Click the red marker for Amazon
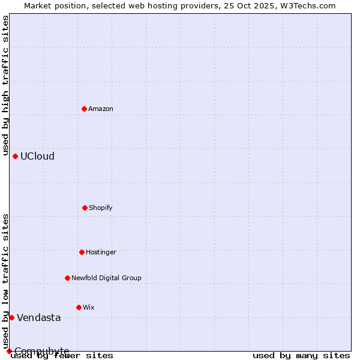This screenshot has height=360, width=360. coord(85,109)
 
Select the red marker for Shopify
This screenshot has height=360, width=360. coord(85,208)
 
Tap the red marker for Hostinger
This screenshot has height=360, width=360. coord(82,252)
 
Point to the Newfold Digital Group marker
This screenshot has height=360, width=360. coord(67,278)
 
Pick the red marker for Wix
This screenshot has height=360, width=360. coord(79,307)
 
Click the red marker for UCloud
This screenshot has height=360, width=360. coord(15,156)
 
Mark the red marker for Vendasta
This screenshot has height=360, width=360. coord(11,317)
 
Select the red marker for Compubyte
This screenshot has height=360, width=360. coord(9,351)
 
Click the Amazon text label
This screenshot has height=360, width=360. coord(101,109)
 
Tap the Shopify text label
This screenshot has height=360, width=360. coord(101,208)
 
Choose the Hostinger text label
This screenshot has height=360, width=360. coord(101,253)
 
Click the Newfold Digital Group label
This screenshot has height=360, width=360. coord(106,278)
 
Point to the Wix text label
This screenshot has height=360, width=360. coord(89,308)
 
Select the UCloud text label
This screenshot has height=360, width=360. coord(37,157)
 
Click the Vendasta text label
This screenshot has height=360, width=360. coord(38,318)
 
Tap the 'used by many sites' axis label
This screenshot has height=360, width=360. coord(301,356)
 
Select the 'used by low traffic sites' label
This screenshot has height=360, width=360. coord(5,281)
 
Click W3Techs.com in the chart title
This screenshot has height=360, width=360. coord(306,5)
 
